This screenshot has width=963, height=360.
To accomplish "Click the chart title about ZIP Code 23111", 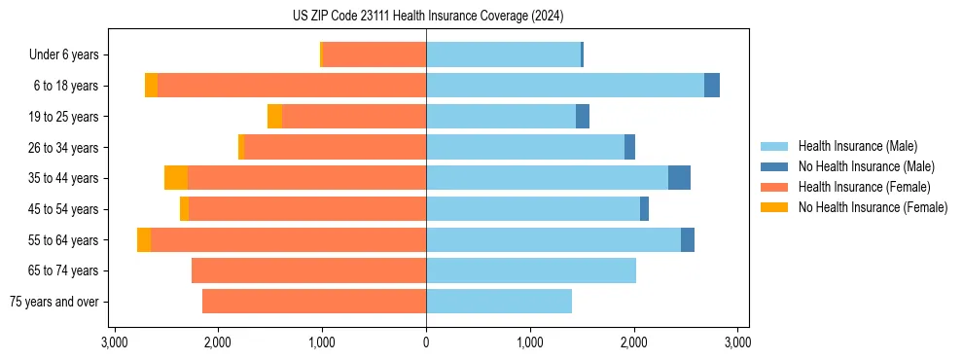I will click(427, 17).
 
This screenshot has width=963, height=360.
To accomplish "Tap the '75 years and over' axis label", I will click(54, 302).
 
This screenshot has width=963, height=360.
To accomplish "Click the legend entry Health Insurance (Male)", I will click(857, 146).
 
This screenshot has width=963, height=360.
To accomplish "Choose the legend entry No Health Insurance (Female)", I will click(873, 207).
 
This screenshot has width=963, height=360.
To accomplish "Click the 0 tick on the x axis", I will click(426, 342).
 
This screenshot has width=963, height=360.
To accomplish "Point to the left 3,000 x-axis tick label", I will click(115, 342).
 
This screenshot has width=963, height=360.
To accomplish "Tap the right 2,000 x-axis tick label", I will click(634, 342).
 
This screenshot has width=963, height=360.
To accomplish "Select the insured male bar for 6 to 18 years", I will click(564, 86).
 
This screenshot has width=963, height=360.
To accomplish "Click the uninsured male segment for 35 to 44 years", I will click(679, 178).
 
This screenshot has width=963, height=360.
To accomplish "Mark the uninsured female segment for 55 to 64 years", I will click(144, 239).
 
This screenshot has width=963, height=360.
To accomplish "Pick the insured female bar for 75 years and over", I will click(314, 302).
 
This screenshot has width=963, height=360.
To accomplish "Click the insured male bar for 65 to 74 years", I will click(531, 270).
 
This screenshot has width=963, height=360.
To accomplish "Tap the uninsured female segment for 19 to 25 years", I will click(275, 117).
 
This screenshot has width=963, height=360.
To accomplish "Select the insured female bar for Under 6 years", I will click(374, 55).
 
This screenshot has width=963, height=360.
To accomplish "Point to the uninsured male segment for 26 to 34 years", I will click(629, 147).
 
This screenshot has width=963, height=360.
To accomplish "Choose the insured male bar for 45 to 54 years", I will click(533, 209).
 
